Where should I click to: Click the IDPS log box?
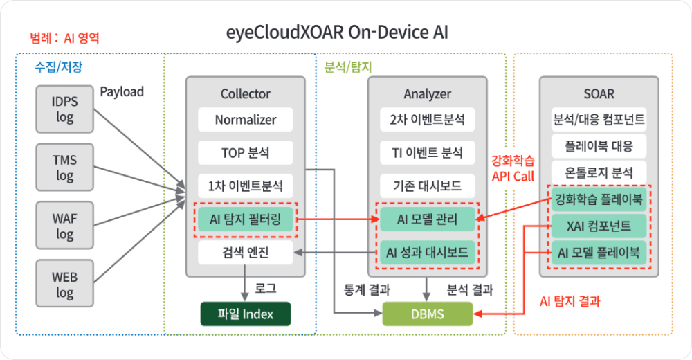point(64,109)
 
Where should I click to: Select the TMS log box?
point(64,168)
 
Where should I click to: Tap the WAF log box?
point(64,226)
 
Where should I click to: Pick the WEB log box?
point(64,285)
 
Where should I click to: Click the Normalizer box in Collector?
point(245,120)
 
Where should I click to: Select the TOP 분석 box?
point(245,152)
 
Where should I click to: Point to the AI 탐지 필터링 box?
point(245,221)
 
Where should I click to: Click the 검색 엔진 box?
point(245,253)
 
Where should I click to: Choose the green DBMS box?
point(428,315)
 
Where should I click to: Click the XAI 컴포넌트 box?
point(599,226)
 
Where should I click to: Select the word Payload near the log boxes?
point(122,91)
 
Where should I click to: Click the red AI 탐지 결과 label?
point(570,302)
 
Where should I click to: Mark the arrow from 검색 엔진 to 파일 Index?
point(245,283)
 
